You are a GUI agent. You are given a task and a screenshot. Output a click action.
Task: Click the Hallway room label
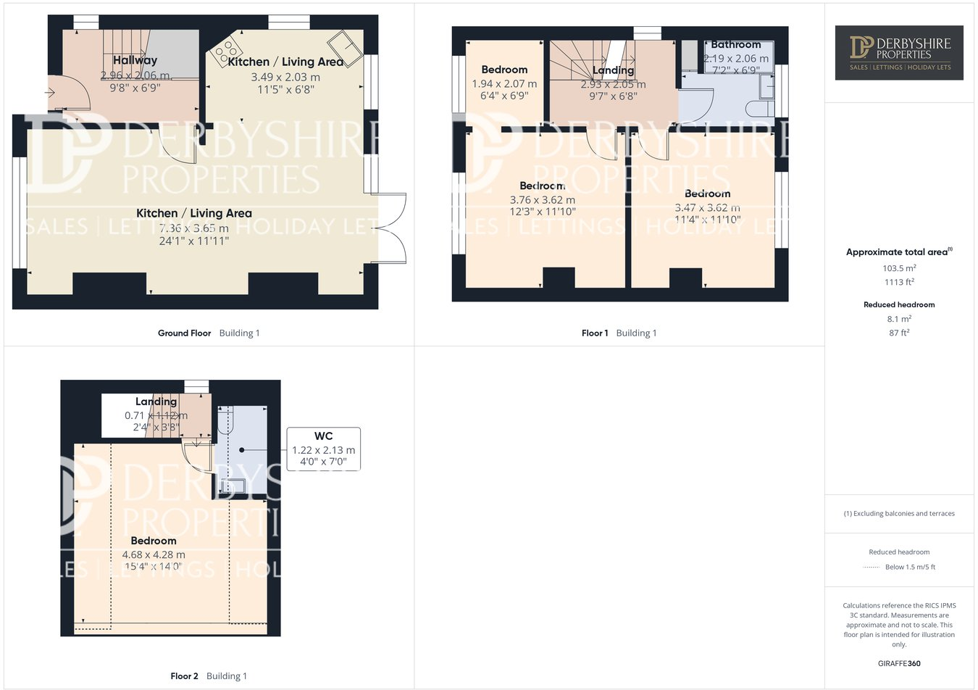click(x=135, y=61)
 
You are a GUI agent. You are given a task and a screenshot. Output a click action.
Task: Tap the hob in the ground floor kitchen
click(x=227, y=50)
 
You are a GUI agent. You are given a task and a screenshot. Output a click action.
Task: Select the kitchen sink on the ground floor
click(x=345, y=48)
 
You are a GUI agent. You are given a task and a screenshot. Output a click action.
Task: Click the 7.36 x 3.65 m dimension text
click(x=194, y=228)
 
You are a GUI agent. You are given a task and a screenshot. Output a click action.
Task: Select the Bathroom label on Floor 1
click(x=735, y=45)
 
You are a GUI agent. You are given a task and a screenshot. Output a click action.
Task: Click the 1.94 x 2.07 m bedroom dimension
click(x=504, y=84)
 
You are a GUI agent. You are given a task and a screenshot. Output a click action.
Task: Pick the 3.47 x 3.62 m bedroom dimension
click(x=707, y=208)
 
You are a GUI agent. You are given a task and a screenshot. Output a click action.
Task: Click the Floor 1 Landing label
click(x=613, y=70)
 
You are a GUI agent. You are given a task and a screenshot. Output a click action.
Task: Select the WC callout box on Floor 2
click(x=323, y=449)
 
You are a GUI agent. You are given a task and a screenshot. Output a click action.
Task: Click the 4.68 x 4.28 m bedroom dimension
click(x=154, y=555)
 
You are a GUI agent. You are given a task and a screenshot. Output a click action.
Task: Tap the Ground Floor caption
click(x=184, y=333)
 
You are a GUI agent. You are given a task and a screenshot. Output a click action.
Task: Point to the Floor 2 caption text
click(x=184, y=676)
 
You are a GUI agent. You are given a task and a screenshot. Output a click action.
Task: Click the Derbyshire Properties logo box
click(x=898, y=53)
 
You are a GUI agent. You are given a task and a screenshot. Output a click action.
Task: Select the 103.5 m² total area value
click(x=899, y=268)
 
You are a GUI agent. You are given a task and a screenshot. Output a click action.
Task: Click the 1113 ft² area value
click(x=899, y=283)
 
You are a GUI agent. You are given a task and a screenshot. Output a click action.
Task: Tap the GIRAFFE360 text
click(x=899, y=663)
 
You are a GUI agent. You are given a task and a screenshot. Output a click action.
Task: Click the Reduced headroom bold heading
click(x=899, y=305)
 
